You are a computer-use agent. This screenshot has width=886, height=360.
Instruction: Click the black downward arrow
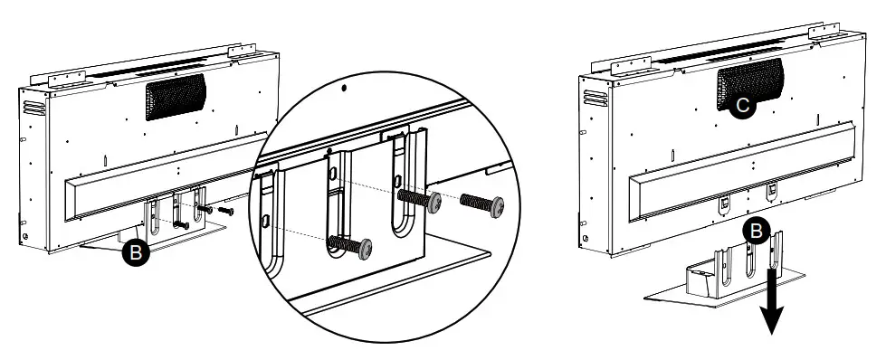click(771, 303)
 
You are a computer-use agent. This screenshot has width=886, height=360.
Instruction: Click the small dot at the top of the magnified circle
click(345, 90)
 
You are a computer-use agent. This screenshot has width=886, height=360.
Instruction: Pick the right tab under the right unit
click(772, 191)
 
